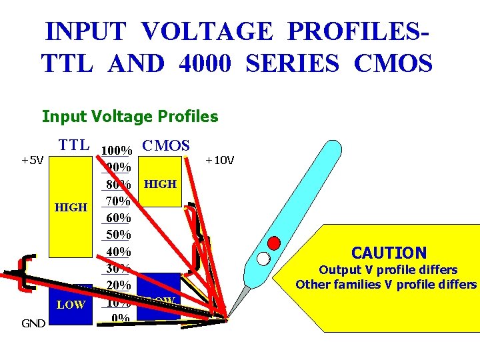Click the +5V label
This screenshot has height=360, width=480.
pos(32,160)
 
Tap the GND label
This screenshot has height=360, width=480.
pos(33,323)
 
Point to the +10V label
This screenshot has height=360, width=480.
pos(219,160)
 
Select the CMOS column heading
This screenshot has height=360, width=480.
pos(166,145)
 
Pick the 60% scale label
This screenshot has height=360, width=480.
pos(119,218)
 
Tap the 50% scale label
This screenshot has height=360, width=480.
pos(119,235)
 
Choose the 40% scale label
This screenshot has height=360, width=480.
pos(119,252)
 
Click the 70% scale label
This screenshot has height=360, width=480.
pos(119,201)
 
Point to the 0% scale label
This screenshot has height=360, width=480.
pos(121,318)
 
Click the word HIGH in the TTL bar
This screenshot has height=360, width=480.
pos(71,207)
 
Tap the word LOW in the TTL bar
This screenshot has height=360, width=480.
pos(71,305)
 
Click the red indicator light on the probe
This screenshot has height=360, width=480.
pos(273,242)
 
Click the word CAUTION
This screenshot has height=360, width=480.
pos(389,253)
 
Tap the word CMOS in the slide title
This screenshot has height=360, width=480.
pos(394,64)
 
